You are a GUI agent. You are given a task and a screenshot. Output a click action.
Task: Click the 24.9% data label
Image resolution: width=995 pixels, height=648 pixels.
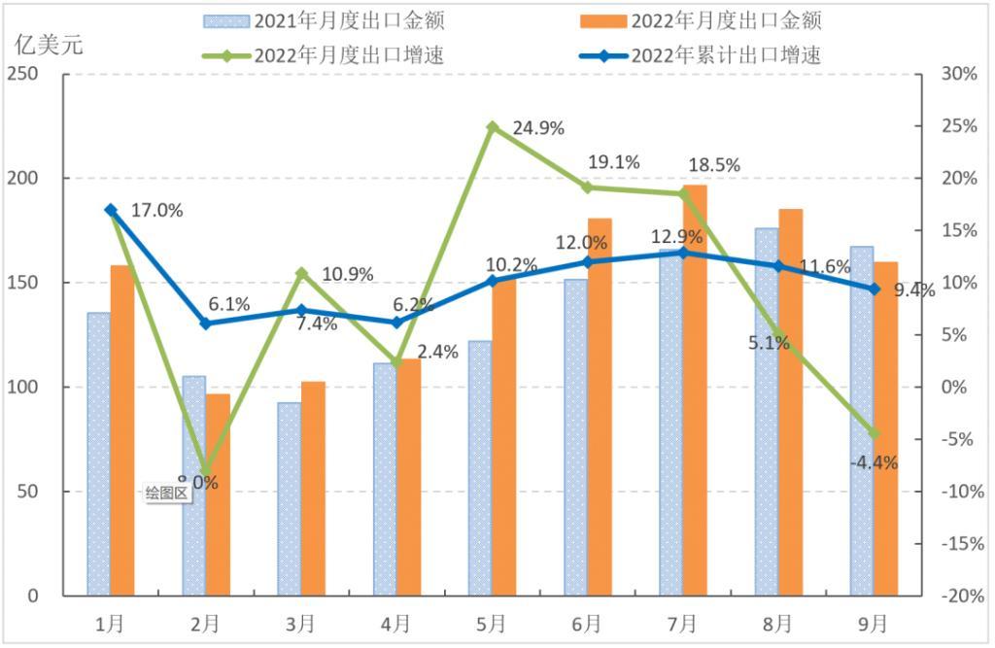pos(532,128)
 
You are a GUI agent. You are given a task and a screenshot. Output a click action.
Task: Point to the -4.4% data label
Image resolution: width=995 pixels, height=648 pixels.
pos(874,463)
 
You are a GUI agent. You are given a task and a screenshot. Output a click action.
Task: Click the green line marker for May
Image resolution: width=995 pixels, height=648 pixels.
pos(493,126)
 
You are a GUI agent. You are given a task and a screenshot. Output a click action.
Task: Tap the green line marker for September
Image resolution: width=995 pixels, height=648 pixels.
pos(874,433)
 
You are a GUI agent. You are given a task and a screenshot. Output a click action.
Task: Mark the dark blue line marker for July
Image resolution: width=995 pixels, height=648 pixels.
pos(683,253)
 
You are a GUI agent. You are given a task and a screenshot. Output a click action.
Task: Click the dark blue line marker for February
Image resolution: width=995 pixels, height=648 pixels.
pos(206,324)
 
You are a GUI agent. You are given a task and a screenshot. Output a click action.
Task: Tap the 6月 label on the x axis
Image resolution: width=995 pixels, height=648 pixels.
pos(587,623)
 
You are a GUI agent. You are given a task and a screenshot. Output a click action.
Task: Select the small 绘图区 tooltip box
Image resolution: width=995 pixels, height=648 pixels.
pos(166,493)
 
